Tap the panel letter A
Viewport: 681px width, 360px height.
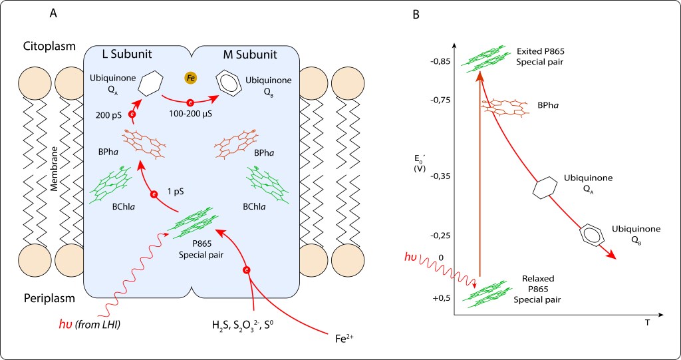click(53, 13)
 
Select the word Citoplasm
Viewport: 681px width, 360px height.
click(49, 48)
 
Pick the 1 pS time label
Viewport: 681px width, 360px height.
click(176, 190)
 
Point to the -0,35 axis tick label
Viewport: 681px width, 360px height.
click(440, 176)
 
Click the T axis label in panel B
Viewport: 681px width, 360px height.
click(646, 321)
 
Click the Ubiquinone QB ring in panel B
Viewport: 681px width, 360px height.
click(591, 235)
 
